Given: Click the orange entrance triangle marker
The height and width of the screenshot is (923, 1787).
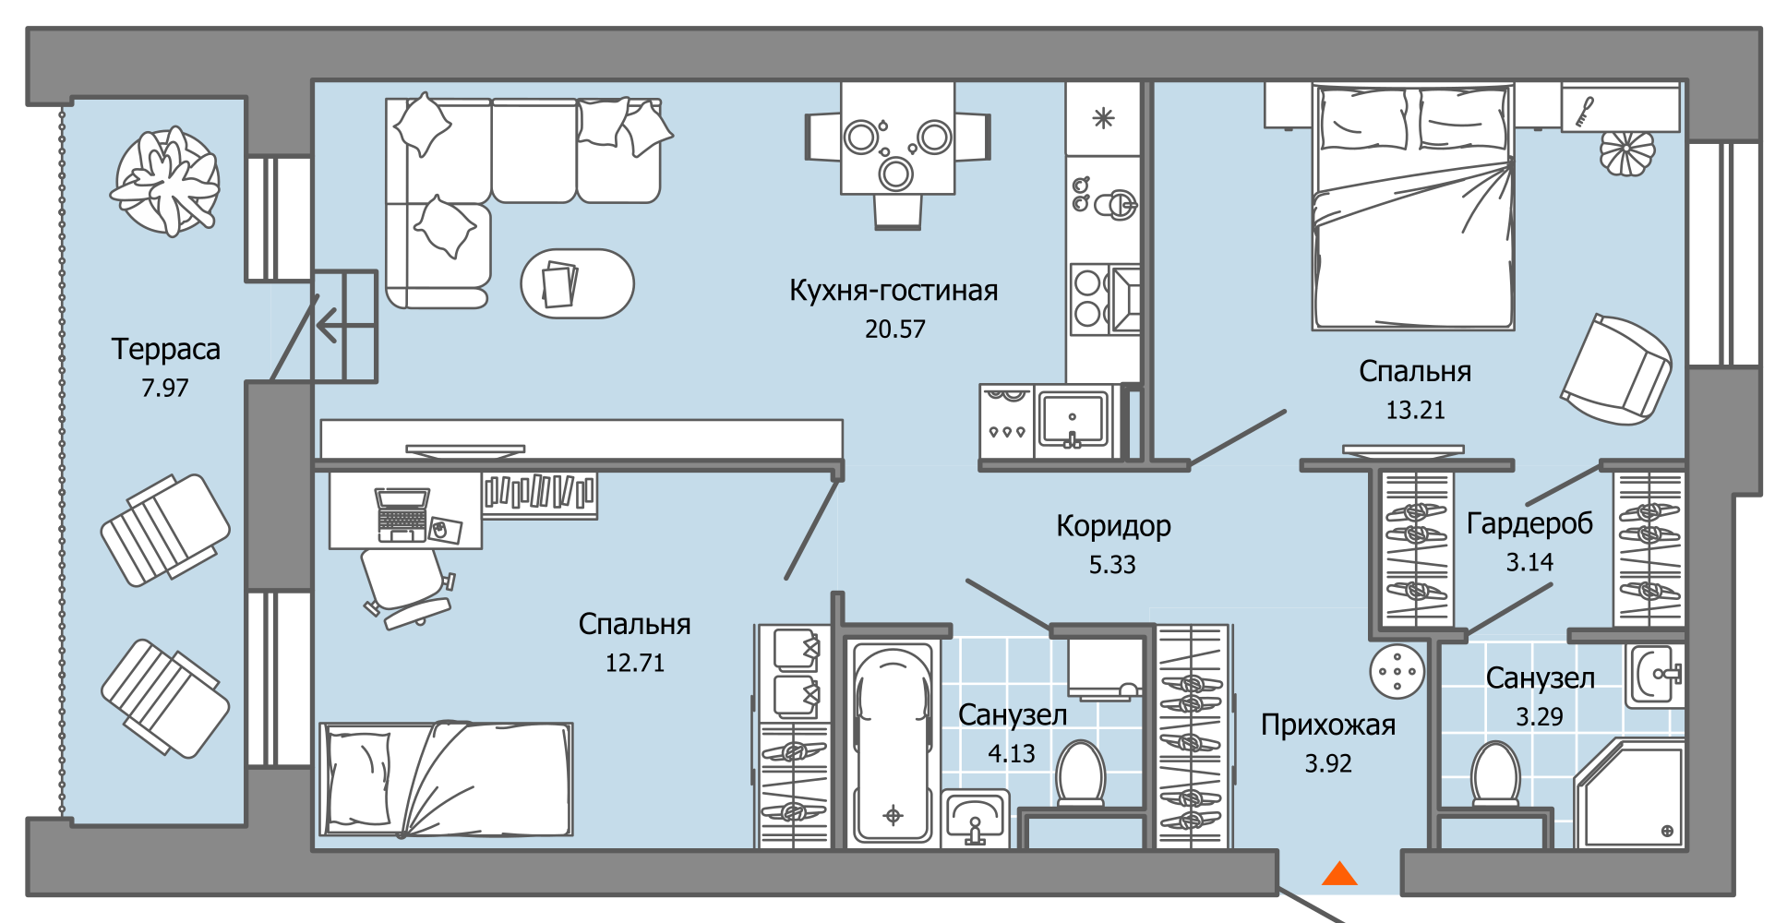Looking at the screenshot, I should (x=1339, y=873).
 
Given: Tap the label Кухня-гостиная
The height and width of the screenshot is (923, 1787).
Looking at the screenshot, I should (x=893, y=291).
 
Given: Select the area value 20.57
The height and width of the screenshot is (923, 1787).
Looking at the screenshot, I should (x=894, y=330).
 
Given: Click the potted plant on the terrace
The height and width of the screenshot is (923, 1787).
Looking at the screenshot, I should (x=167, y=182).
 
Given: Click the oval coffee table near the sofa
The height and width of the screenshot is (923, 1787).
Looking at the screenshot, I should (x=577, y=284).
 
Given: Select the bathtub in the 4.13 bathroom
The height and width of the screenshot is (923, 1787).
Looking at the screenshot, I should (x=892, y=743).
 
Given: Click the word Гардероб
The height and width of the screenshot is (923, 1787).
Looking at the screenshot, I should (x=1529, y=523).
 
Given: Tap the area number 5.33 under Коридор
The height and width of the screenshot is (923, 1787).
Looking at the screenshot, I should (x=1112, y=565).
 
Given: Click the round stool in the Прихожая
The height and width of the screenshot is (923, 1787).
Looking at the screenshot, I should (x=1397, y=671).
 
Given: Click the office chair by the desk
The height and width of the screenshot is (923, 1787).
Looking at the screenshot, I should (x=404, y=581).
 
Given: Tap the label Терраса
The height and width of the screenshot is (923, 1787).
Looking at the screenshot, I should (x=166, y=350).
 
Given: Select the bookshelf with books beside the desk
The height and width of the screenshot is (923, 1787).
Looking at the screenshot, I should (x=539, y=494).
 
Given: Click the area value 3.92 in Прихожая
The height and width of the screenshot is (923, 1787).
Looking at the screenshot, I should (x=1327, y=764).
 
